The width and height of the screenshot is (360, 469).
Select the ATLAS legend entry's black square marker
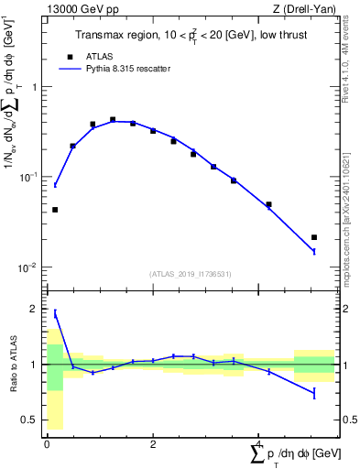point(70,55)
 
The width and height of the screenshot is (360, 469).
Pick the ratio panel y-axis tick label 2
point(37,309)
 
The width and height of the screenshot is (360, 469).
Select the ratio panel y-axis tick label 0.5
point(33,420)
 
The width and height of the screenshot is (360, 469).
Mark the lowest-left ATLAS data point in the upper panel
point(55,210)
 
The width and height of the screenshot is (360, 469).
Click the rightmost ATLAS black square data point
point(314,237)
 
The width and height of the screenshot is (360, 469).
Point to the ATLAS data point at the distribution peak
point(113,119)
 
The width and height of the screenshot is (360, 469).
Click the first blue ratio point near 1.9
point(55,313)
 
